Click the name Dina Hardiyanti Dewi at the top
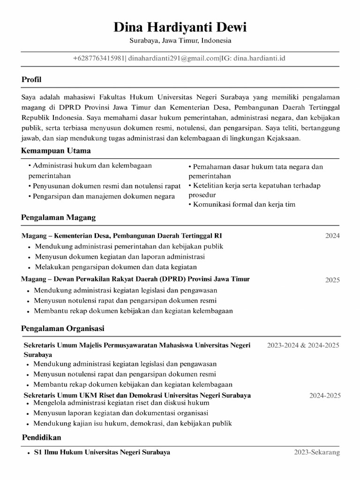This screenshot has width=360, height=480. [180, 28]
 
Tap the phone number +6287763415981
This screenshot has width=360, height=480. [99, 59]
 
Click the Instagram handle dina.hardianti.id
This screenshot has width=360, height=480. [260, 59]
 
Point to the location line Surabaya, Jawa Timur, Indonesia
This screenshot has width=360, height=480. [180, 41]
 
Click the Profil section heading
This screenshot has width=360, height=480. [31, 80]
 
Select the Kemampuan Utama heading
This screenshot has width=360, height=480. [56, 151]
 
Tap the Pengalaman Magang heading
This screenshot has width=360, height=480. [59, 217]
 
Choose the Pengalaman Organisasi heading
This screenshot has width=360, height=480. [63, 328]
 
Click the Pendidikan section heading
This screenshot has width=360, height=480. [41, 437]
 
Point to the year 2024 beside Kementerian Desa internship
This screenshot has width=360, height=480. [332, 236]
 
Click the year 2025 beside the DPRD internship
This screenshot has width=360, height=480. [332, 280]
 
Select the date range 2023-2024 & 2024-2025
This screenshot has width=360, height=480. [303, 345]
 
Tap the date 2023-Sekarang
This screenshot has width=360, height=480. [317, 452]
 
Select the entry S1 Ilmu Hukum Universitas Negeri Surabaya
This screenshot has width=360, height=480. [102, 452]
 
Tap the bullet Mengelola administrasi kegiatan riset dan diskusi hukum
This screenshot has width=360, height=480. [122, 403]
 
